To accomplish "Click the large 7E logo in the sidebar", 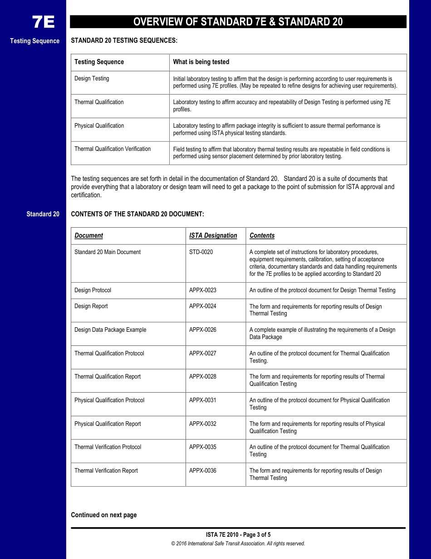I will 43,22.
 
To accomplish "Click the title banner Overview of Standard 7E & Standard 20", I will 238,22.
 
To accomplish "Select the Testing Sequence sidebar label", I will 35,41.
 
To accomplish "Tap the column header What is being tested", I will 201,62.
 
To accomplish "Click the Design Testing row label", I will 92,79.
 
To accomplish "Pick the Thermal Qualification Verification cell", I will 113,149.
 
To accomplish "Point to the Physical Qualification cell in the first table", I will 99,126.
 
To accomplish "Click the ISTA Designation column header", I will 213,235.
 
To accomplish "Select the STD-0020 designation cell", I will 201,252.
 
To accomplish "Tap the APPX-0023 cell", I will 202,290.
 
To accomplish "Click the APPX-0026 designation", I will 202,330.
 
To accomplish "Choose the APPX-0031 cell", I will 202,400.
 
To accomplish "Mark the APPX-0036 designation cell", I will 202,471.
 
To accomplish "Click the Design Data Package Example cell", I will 110,330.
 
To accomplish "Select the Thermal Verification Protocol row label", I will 108,447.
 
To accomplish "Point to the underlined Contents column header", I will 262,235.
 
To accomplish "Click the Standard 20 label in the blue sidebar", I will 43,214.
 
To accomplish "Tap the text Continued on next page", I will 103,515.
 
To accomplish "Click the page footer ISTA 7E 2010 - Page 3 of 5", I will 238,535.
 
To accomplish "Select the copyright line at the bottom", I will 238,544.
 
